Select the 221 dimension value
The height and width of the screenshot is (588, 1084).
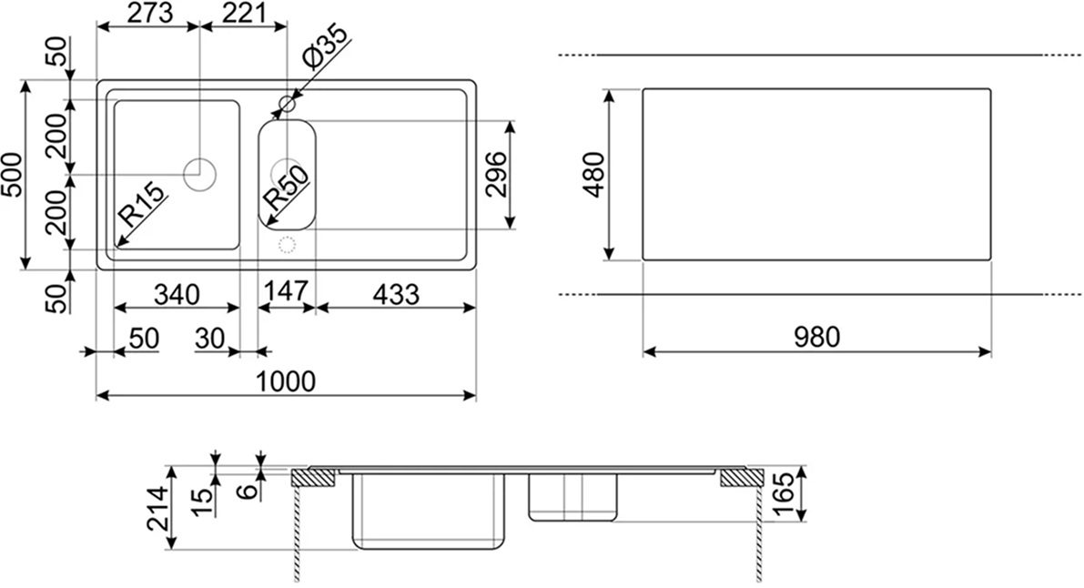click(x=243, y=12)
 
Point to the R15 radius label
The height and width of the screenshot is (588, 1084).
click(x=143, y=204)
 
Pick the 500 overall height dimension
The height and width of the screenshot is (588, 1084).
click(x=13, y=175)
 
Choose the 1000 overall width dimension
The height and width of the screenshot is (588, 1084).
click(x=286, y=381)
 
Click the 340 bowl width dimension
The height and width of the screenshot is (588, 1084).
click(x=177, y=295)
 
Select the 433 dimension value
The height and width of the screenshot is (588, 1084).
click(x=396, y=295)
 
